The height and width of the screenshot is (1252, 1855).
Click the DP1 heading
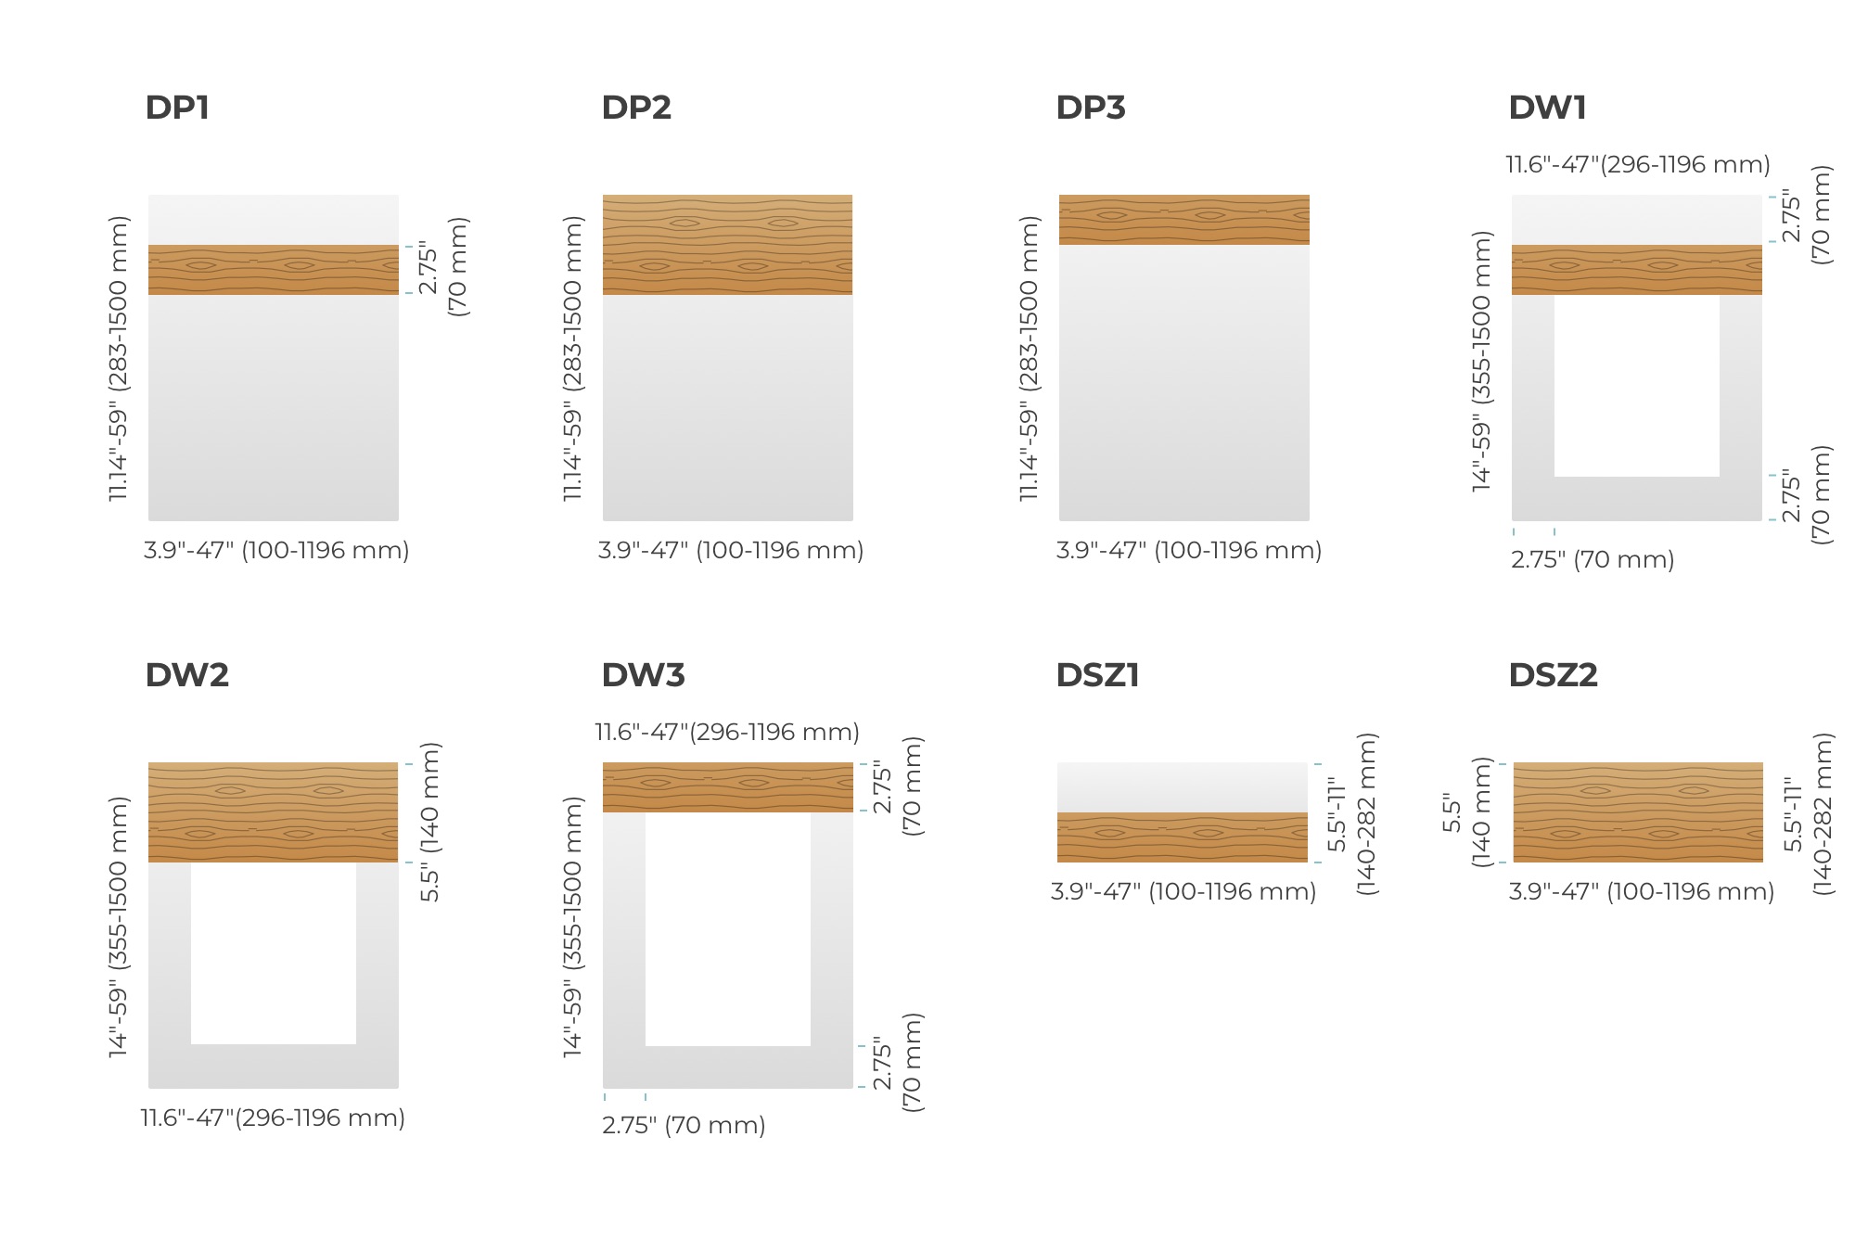[x=177, y=108]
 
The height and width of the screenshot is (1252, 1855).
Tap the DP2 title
[x=636, y=108]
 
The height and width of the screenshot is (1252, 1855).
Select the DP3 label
[x=1091, y=108]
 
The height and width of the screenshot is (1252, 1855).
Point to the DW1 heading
[x=1547, y=108]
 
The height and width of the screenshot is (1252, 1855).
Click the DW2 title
[x=186, y=675]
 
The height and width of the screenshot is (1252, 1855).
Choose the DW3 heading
[x=643, y=675]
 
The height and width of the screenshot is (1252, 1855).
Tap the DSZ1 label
[x=1097, y=675]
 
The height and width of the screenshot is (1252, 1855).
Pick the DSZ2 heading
[x=1553, y=675]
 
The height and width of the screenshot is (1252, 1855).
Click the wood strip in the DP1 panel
[x=274, y=270]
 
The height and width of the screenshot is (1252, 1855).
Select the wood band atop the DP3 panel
[x=1184, y=220]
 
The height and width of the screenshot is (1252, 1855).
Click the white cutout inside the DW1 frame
[x=1637, y=386]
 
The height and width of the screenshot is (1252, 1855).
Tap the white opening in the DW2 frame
[x=274, y=953]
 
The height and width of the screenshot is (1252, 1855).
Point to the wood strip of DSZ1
[x=1183, y=837]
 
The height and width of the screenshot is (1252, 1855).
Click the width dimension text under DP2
[x=731, y=551]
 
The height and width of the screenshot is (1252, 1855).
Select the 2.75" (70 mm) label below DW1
[x=1593, y=560]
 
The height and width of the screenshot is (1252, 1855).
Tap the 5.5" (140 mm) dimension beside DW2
[x=430, y=822]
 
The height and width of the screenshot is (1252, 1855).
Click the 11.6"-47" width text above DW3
[x=727, y=733]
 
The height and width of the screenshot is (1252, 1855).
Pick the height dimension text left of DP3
[x=1029, y=359]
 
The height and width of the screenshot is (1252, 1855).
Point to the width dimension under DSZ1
[x=1183, y=892]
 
